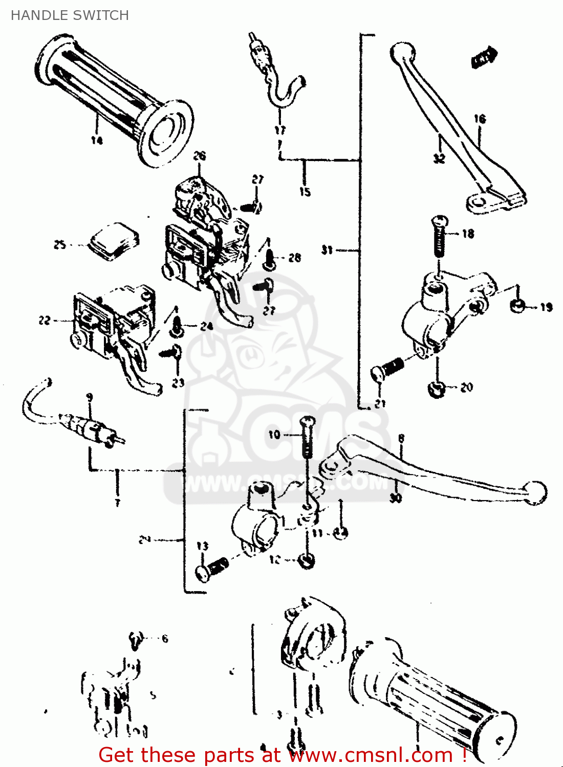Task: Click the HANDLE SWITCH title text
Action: pyautogui.click(x=70, y=15)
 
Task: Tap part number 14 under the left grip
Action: pyautogui.click(x=97, y=140)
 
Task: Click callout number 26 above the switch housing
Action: pyautogui.click(x=200, y=156)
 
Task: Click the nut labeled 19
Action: pyautogui.click(x=517, y=306)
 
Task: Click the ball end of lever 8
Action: pyautogui.click(x=535, y=492)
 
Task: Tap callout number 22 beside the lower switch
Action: pyautogui.click(x=45, y=320)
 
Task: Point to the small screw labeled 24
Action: pyautogui.click(x=178, y=326)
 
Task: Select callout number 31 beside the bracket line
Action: pyautogui.click(x=327, y=250)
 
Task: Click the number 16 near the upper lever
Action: pyautogui.click(x=480, y=119)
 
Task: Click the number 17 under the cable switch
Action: pyautogui.click(x=280, y=130)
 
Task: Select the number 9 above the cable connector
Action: pyautogui.click(x=90, y=397)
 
